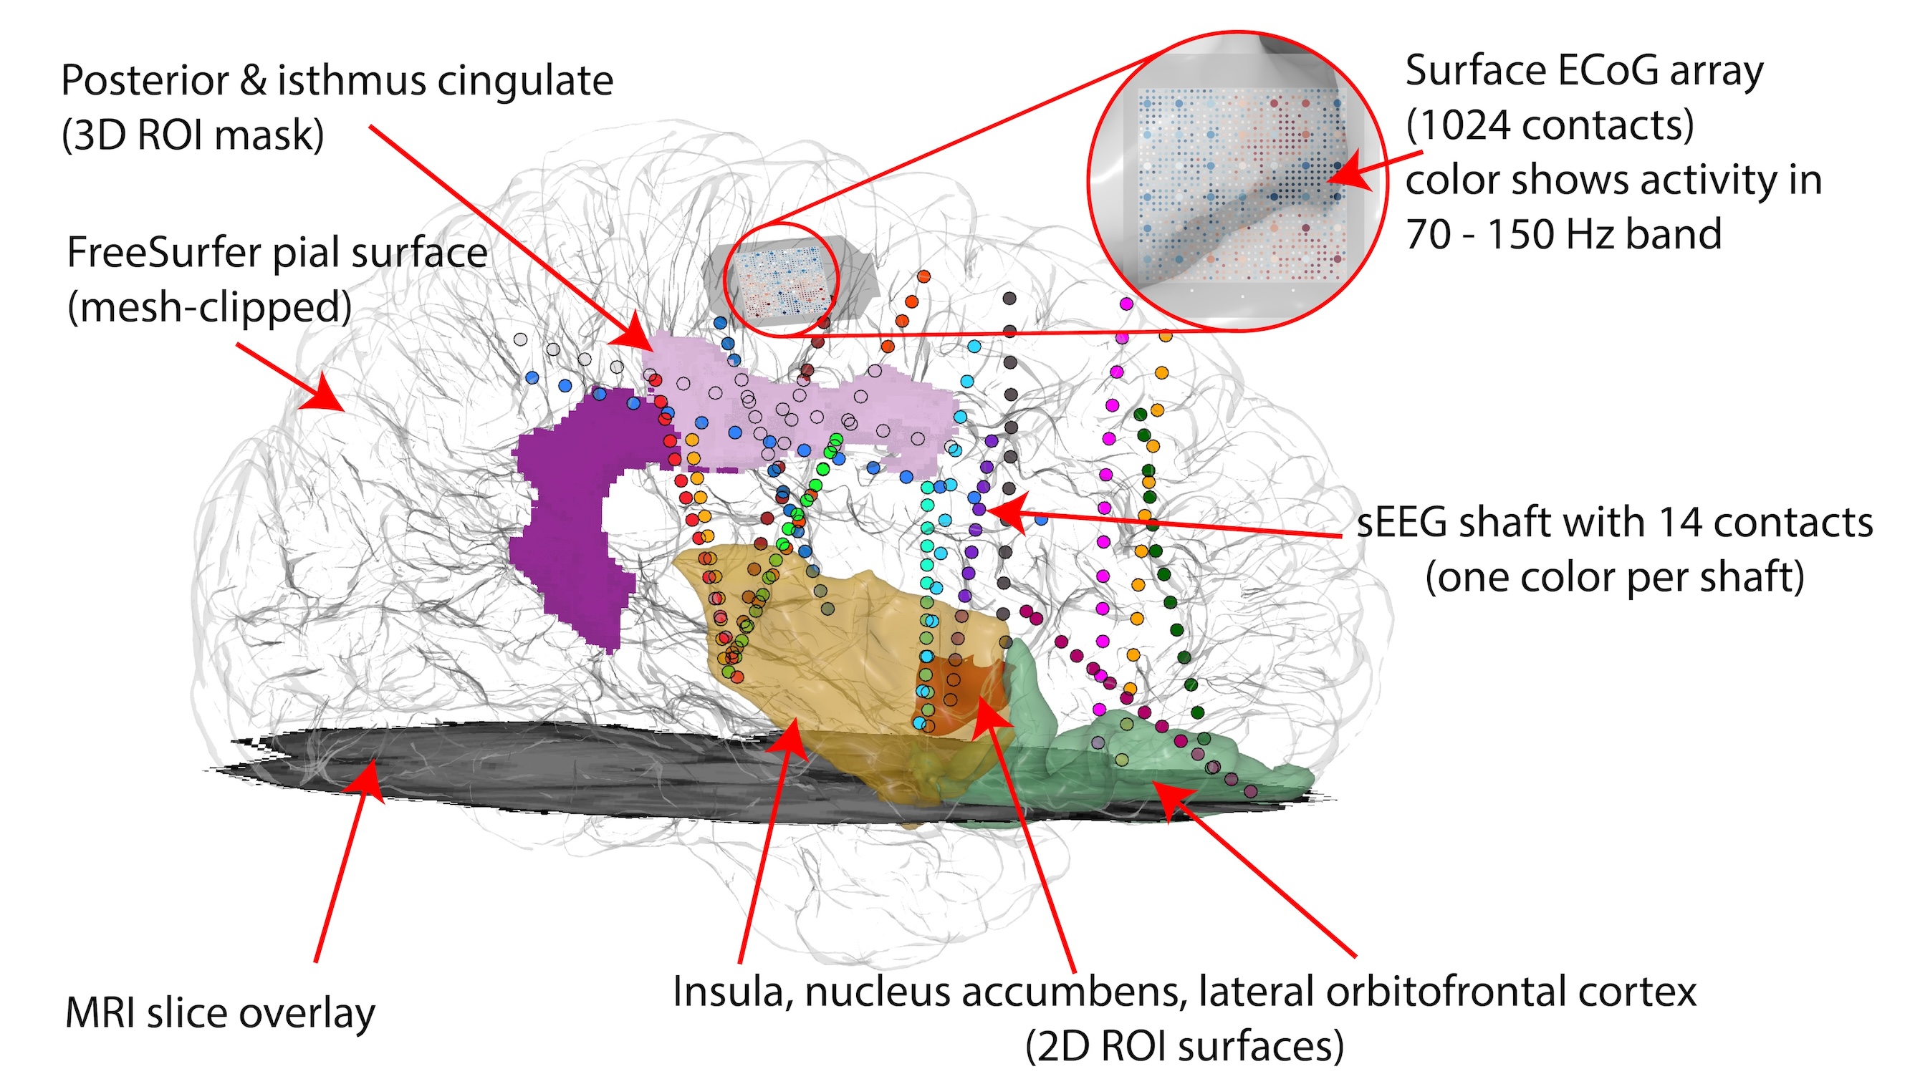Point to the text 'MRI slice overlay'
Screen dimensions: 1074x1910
219,1014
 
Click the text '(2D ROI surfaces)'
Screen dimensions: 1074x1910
1184,1047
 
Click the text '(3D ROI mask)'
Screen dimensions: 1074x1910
193,135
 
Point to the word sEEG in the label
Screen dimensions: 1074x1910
1401,523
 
